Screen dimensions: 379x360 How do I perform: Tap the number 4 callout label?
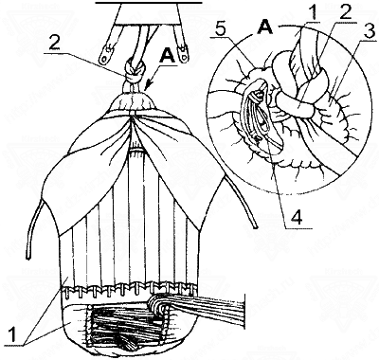[296, 217]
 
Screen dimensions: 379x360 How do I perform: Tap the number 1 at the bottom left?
[12, 335]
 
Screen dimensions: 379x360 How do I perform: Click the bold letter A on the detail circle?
[264, 27]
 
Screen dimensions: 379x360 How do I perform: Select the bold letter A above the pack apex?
[167, 56]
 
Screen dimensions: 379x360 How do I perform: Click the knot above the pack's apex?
[136, 71]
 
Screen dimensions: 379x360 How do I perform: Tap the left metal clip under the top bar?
[105, 54]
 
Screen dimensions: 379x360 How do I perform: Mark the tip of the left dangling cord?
[28, 258]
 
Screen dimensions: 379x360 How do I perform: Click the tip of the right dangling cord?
[256, 226]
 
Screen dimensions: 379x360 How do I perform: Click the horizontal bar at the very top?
[149, 2]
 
